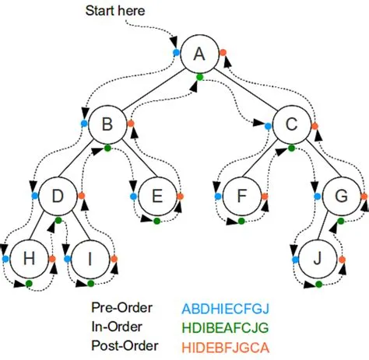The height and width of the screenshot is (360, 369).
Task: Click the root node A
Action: (199, 54)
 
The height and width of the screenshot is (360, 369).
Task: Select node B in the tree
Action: (107, 124)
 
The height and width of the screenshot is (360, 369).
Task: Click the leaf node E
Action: (156, 196)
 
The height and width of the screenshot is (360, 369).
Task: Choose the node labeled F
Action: (242, 196)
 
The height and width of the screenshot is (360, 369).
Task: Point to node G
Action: (341, 196)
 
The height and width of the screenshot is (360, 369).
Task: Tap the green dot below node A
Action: (200, 76)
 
